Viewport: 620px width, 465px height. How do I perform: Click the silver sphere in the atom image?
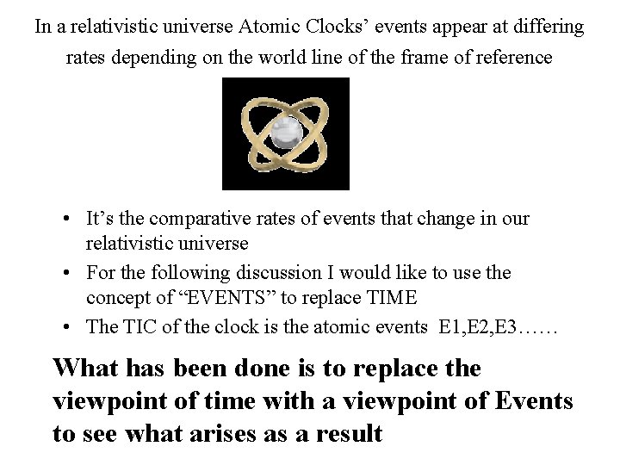coord(283,133)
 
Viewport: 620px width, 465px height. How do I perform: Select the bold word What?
coord(84,368)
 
